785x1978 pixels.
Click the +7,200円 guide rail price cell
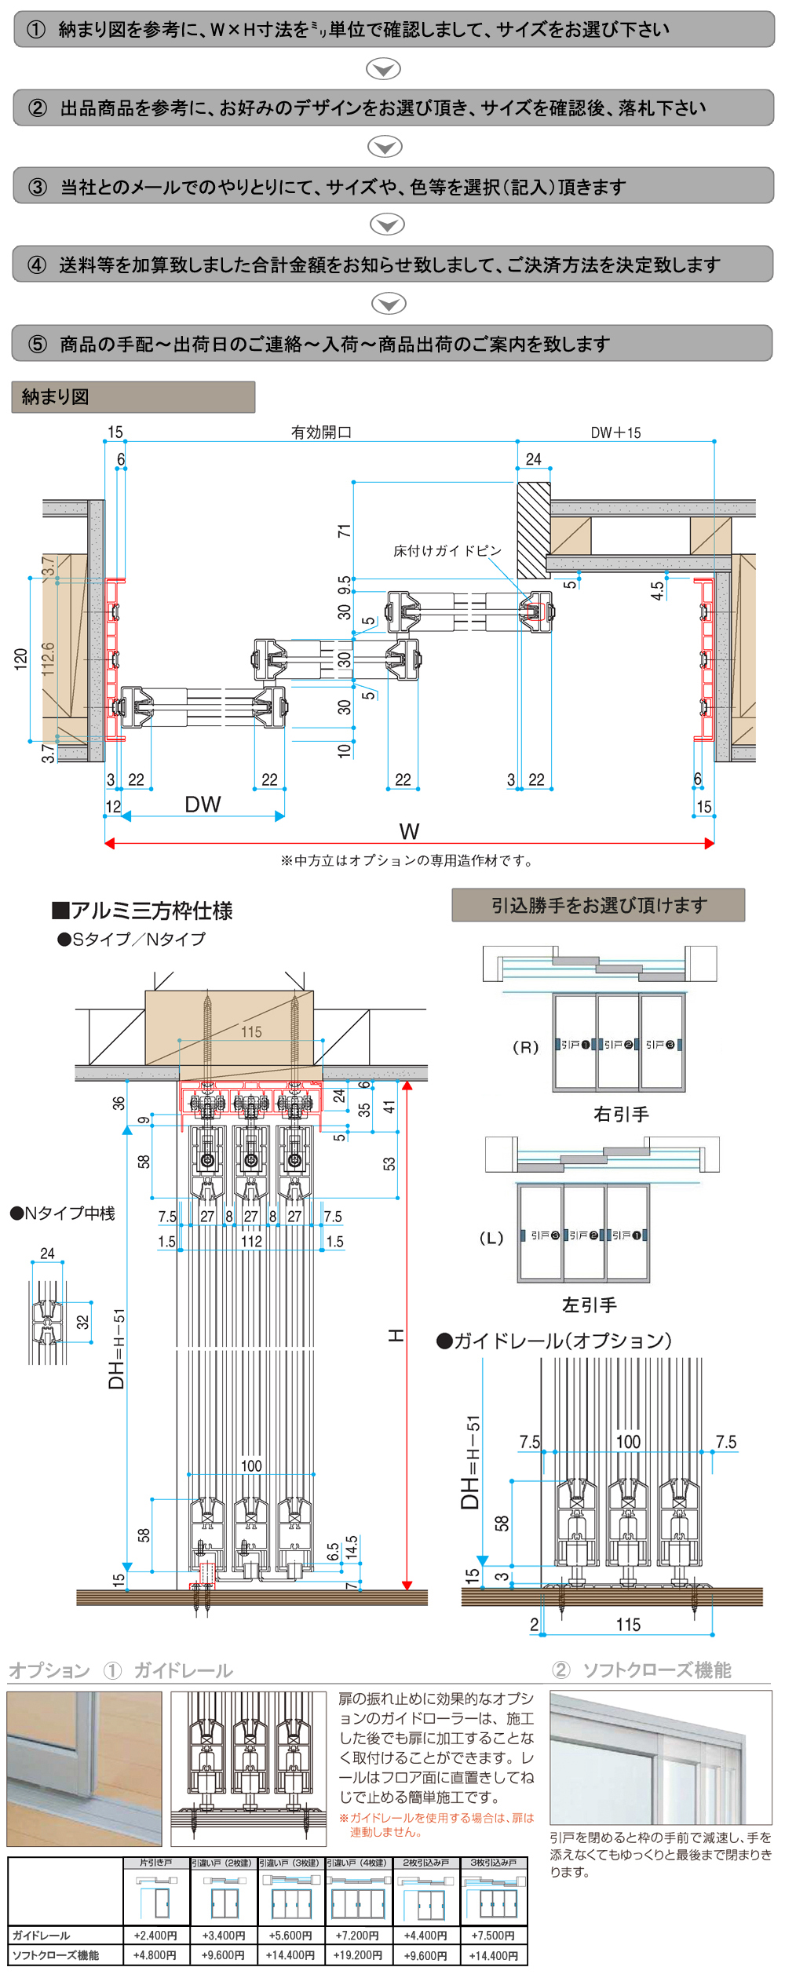coord(358,1935)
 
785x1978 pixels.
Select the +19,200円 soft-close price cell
coord(358,1954)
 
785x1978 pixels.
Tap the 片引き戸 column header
coord(156,1863)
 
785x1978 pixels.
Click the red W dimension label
coord(409,831)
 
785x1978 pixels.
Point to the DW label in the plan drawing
coord(203,805)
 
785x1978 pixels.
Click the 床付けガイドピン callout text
coord(447,551)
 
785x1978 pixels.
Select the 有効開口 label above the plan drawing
coord(321,432)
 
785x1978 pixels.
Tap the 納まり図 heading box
coord(133,397)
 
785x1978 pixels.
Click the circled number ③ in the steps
coord(38,187)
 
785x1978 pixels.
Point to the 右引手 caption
coord(621,1115)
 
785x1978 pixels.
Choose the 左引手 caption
coord(589,1305)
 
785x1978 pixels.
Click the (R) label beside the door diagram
coord(525,1047)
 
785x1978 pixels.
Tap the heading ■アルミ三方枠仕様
coord(142,911)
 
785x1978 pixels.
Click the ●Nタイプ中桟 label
coord(63,1213)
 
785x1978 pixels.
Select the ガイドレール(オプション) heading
coord(554,1341)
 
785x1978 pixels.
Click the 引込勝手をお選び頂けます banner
coord(598,905)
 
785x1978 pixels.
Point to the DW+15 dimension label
coord(615,432)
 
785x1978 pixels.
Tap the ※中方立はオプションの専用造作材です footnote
coord(407,861)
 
